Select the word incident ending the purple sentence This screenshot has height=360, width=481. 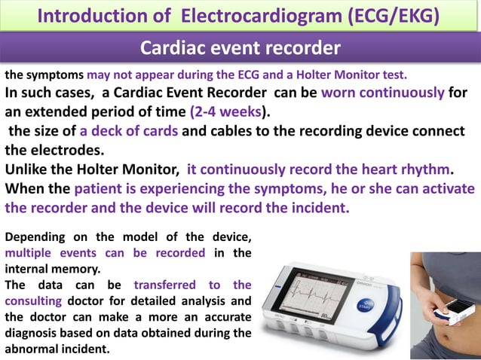(x=315, y=207)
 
